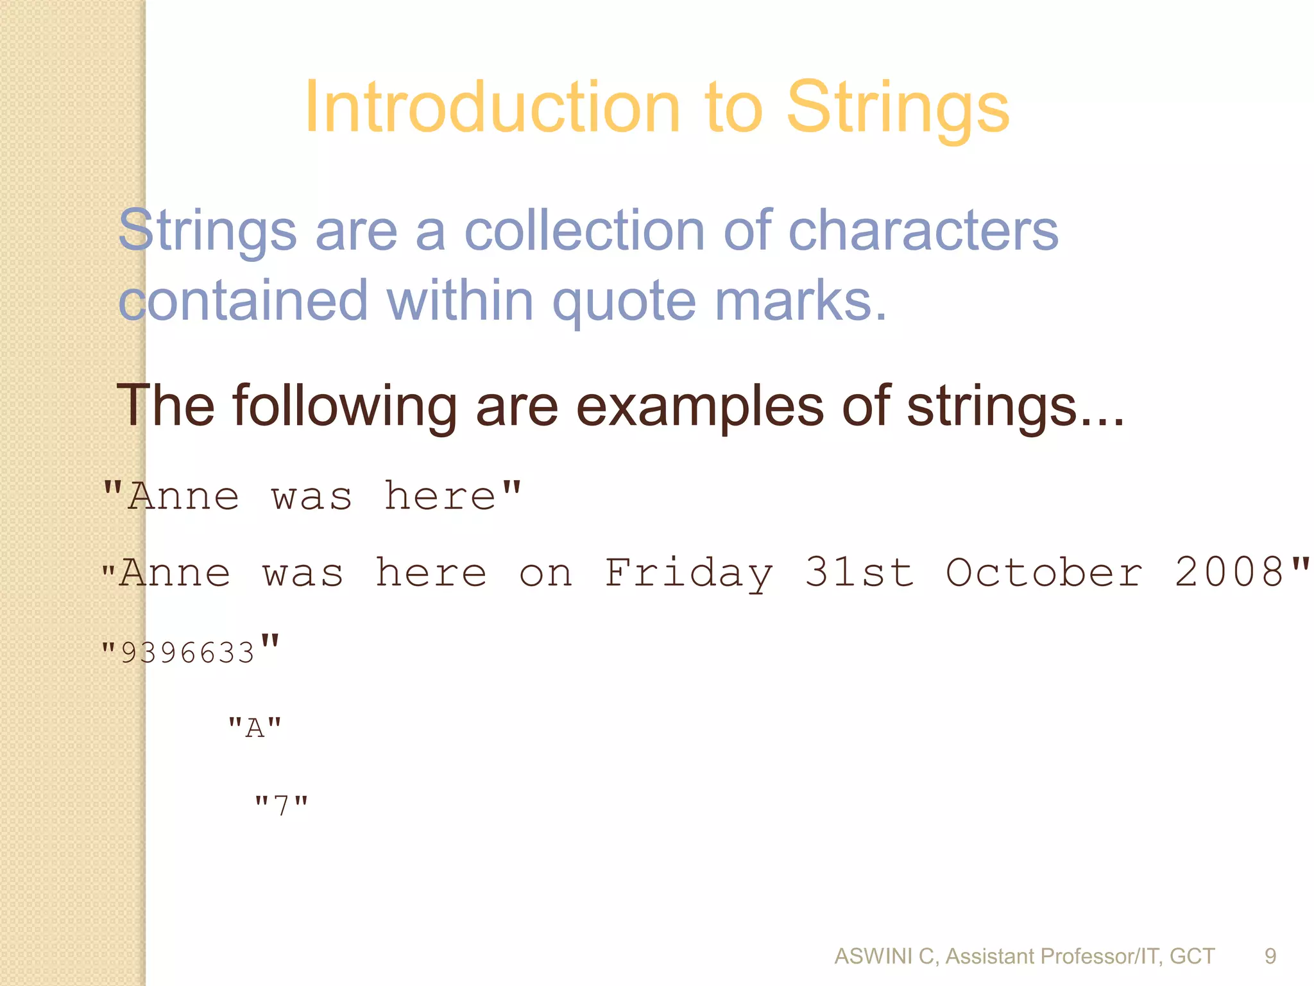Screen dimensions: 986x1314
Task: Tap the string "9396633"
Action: [x=190, y=651]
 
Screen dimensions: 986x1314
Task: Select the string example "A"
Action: [x=255, y=728]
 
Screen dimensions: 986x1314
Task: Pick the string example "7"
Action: [x=281, y=804]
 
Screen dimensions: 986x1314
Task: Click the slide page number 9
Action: [x=1270, y=956]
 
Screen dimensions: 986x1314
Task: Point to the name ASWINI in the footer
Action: [x=874, y=956]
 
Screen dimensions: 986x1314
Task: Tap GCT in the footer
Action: [x=1192, y=956]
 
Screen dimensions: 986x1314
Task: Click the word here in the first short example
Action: [x=439, y=497]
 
